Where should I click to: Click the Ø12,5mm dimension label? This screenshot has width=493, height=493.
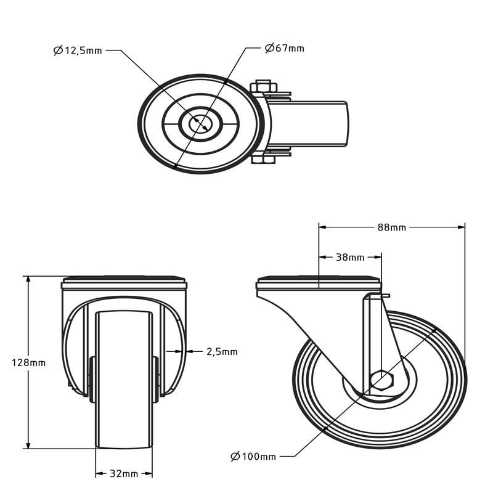[78, 51]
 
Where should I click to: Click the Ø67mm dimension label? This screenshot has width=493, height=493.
[284, 48]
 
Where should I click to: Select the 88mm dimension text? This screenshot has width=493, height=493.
[391, 227]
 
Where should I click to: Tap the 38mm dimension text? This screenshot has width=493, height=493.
[349, 257]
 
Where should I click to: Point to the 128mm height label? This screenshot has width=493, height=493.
[28, 363]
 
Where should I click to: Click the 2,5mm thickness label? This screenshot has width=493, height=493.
[221, 352]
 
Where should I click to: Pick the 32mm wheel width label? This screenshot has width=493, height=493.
[123, 474]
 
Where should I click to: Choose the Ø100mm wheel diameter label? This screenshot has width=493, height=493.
[253, 456]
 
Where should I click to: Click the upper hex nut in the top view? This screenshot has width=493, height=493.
[263, 86]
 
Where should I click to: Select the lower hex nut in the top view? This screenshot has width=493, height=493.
[263, 160]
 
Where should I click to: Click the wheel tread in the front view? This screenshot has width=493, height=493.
[124, 382]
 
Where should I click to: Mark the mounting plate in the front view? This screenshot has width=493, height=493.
[124, 284]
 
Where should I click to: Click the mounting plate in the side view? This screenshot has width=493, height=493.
[319, 284]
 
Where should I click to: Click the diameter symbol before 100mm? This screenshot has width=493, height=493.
[235, 456]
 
